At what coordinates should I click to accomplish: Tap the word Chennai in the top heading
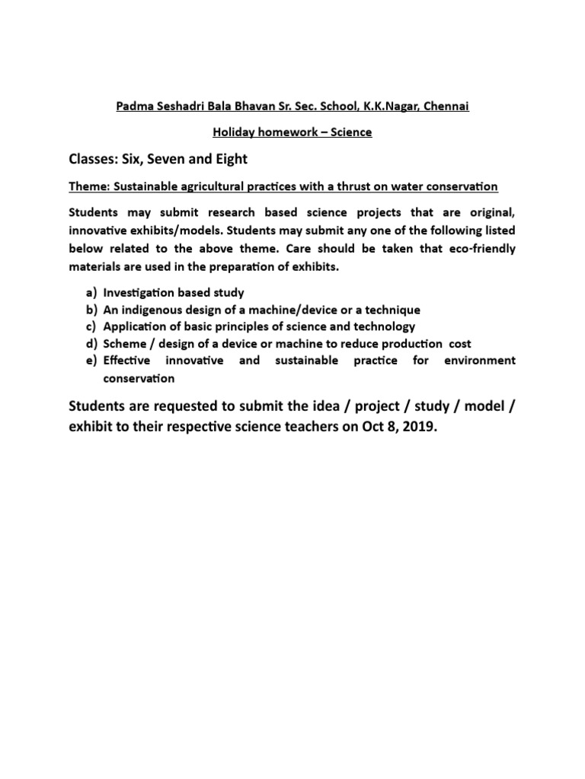446,106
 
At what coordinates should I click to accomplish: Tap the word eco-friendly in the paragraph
480,249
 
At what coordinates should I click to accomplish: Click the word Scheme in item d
125,344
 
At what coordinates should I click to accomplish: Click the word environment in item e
481,361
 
